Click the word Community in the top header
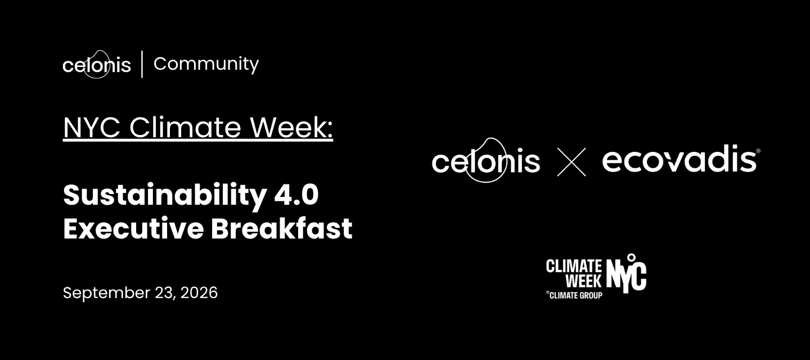tap(206, 64)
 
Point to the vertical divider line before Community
tap(142, 64)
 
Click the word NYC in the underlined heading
tap(92, 127)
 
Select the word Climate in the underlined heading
tap(185, 127)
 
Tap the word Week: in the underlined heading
tap(292, 127)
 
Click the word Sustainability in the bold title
tap(165, 196)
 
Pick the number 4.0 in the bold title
tap(296, 195)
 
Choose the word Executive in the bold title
tap(133, 228)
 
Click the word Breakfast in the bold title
tap(282, 228)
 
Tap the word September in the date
tap(107, 293)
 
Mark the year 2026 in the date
tap(199, 292)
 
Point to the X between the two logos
tap(571, 162)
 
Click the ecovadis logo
tap(679, 159)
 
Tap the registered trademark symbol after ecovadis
tap(758, 151)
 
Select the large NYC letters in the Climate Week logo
tap(627, 273)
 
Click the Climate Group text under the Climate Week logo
tap(574, 295)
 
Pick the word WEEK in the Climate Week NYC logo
tap(584, 281)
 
